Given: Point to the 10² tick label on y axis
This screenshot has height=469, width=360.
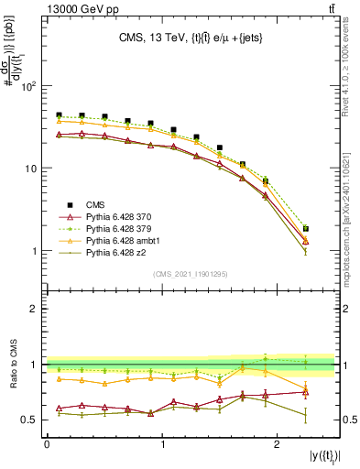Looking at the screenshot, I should point(28,86).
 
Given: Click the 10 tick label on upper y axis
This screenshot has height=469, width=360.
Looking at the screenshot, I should point(31,169).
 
